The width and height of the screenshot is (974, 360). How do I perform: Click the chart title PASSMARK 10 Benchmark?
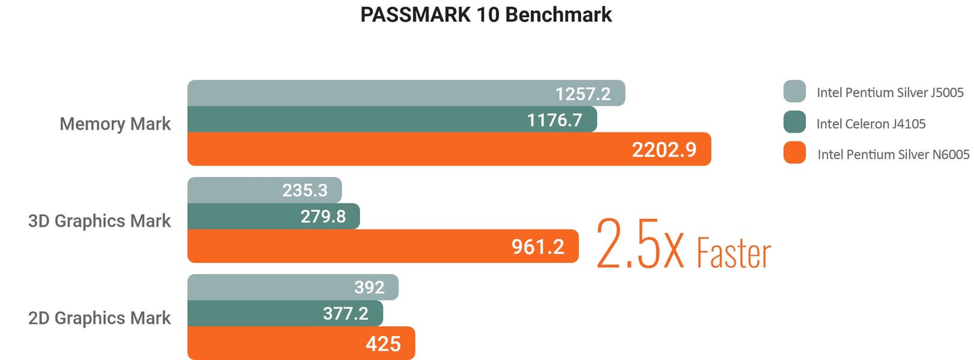pyautogui.click(x=486, y=14)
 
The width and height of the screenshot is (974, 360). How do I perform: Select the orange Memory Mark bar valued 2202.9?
pyautogui.click(x=449, y=149)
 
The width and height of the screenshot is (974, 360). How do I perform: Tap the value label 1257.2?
pyautogui.click(x=583, y=94)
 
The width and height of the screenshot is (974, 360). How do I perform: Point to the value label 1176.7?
pyautogui.click(x=555, y=120)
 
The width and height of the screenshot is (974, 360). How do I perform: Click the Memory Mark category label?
pyautogui.click(x=115, y=124)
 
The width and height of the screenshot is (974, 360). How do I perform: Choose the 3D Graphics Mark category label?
pyautogui.click(x=100, y=221)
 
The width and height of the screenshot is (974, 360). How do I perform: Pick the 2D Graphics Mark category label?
pyautogui.click(x=100, y=318)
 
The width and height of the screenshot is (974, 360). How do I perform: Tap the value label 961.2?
pyautogui.click(x=538, y=247)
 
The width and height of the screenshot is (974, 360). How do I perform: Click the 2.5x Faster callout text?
pyautogui.click(x=683, y=245)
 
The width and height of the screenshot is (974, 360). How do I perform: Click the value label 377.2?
pyautogui.click(x=346, y=313)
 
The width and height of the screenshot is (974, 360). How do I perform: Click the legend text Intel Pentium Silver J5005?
pyautogui.click(x=890, y=92)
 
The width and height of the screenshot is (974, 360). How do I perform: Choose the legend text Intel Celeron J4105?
pyautogui.click(x=871, y=124)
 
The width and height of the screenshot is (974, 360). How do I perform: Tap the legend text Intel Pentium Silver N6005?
pyautogui.click(x=893, y=154)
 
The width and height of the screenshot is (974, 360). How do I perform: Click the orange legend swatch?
pyautogui.click(x=795, y=152)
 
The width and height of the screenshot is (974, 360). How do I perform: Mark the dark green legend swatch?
pyautogui.click(x=795, y=122)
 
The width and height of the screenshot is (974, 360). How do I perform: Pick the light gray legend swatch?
pyautogui.click(x=795, y=91)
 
